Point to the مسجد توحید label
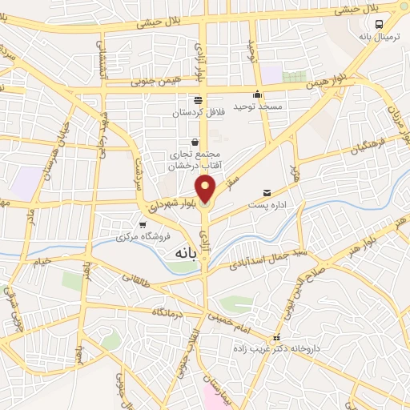(254, 106)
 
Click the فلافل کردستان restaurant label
(198, 113)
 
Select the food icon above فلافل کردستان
(198, 100)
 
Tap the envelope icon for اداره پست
(267, 192)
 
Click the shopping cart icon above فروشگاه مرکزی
(143, 225)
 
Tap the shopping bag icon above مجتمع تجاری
(195, 143)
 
